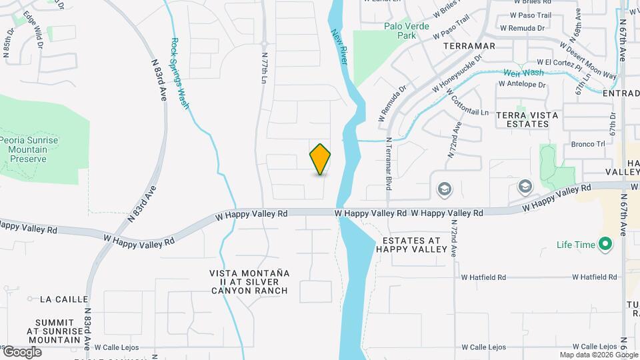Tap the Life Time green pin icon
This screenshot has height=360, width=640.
click(x=605, y=245)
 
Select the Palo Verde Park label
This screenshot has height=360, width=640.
click(x=400, y=31)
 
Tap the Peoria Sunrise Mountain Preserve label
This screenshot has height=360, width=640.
click(x=29, y=149)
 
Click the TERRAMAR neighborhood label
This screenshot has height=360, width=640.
click(x=469, y=46)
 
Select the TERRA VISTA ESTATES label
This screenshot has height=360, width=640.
click(x=527, y=119)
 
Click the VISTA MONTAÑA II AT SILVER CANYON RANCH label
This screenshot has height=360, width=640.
click(x=249, y=281)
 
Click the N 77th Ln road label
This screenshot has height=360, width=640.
click(x=264, y=67)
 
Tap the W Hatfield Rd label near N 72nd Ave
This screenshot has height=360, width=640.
click(x=483, y=277)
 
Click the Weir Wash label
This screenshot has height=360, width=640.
click(x=523, y=73)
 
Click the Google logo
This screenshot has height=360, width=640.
click(x=21, y=351)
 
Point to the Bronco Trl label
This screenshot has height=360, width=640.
click(x=587, y=143)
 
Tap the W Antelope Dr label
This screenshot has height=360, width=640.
click(x=523, y=85)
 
